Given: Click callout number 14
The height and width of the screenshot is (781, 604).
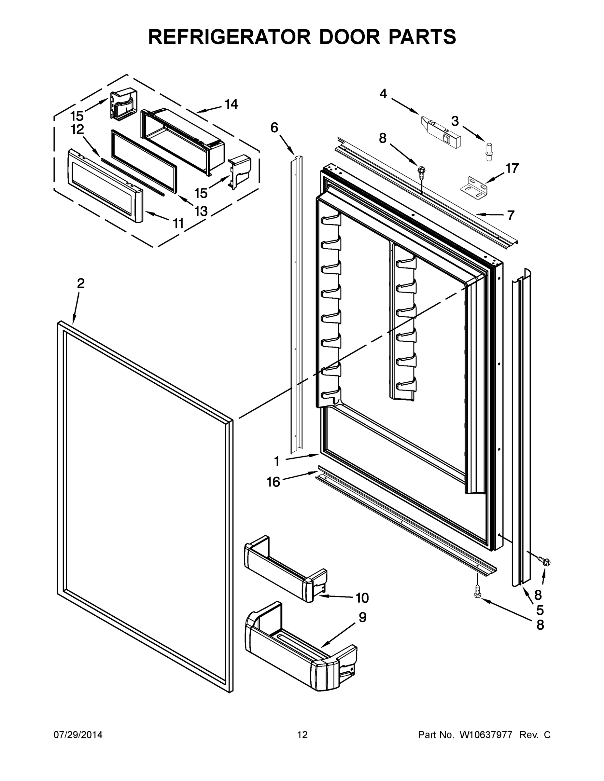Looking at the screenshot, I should (x=231, y=104).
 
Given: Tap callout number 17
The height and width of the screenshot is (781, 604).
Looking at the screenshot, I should (x=512, y=168).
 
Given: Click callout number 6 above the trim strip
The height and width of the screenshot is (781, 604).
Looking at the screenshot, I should (x=274, y=128).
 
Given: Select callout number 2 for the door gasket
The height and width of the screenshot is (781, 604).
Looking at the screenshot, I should (x=81, y=283).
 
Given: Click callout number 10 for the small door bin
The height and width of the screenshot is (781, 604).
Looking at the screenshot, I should (x=362, y=597).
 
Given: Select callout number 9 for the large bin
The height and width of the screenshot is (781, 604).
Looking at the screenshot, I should (x=362, y=618).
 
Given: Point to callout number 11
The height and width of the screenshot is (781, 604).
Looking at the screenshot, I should (x=178, y=224).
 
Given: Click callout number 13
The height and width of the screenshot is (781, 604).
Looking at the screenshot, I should (x=201, y=211).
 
